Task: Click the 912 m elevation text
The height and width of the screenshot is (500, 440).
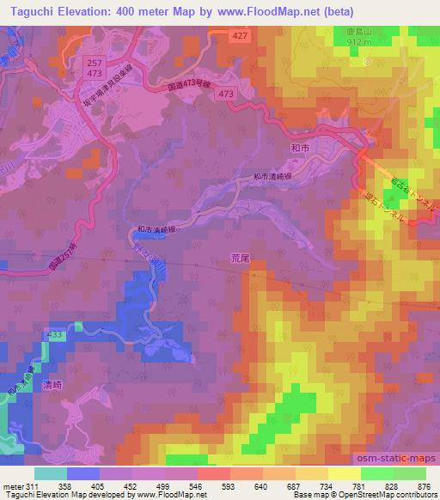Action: click(357, 40)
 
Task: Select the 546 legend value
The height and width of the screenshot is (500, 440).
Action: click(197, 485)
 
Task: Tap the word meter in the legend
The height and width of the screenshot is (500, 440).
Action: click(10, 485)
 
